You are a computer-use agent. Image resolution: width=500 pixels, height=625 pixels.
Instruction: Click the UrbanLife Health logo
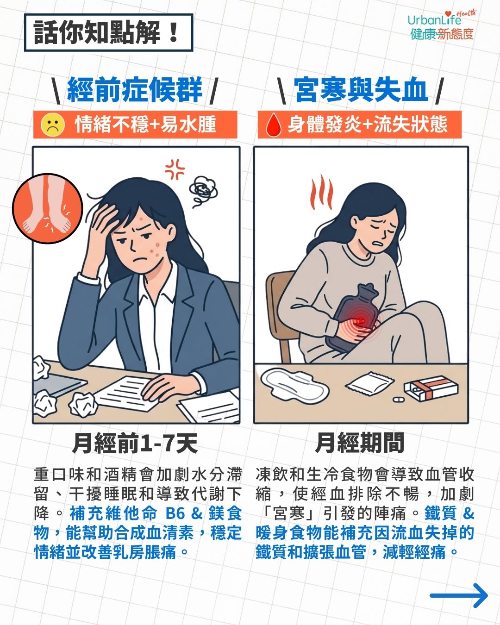(442, 25)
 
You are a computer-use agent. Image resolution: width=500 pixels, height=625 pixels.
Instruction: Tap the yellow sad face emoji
(52, 125)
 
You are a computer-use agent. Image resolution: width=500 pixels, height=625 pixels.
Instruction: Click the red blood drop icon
(274, 125)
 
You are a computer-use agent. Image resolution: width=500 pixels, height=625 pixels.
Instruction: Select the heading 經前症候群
(135, 89)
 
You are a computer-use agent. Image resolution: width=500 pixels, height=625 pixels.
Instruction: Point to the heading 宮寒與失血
(361, 89)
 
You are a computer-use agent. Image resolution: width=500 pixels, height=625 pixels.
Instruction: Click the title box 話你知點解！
(108, 32)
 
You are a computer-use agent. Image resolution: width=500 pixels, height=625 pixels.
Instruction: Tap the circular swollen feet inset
(48, 208)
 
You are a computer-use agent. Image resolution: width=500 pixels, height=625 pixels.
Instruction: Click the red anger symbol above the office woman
(175, 169)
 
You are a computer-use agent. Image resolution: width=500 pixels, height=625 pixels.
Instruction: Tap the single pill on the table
(399, 400)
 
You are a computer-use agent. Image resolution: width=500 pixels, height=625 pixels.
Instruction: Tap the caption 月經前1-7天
(135, 444)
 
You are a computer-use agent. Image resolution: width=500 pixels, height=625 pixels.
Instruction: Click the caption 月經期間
(360, 443)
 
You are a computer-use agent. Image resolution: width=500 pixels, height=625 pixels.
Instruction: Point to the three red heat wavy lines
(321, 192)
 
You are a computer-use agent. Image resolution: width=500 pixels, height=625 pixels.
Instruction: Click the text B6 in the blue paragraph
(175, 513)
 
